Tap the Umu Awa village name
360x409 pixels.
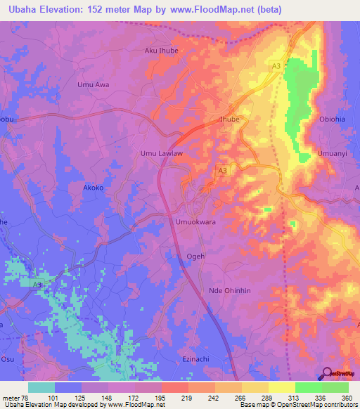[x=93, y=84]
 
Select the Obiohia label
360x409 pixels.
[x=332, y=119]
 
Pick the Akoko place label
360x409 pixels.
[x=94, y=188]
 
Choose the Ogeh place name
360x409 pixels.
[x=195, y=257]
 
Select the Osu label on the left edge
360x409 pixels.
[x=6, y=359]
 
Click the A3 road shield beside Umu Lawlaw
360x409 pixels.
[x=222, y=171]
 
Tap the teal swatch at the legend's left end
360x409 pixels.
[x=41, y=387]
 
